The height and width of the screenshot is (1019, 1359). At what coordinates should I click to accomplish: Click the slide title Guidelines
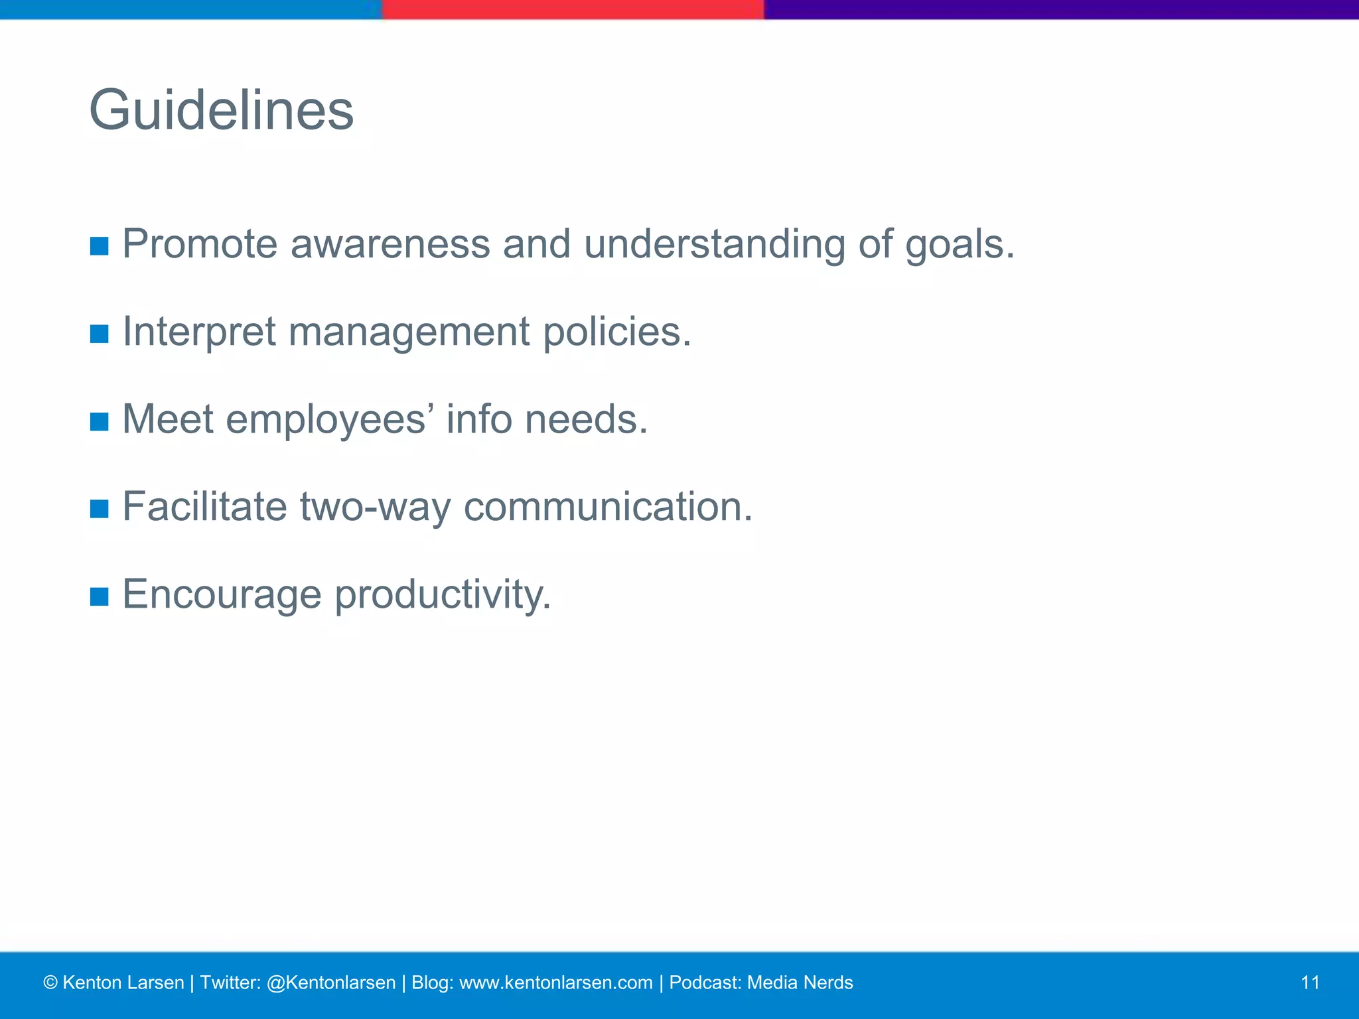(x=221, y=110)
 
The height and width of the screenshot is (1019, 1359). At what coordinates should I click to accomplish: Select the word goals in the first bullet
(x=960, y=245)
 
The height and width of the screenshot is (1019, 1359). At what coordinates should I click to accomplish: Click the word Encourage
(x=222, y=595)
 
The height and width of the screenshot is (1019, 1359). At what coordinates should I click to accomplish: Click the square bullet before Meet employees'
(x=99, y=421)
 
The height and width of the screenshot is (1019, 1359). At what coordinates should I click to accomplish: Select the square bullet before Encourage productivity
(x=99, y=596)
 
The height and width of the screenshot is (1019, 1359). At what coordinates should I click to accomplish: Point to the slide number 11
(x=1310, y=983)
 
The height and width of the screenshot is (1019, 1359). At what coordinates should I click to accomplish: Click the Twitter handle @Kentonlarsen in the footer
(x=330, y=983)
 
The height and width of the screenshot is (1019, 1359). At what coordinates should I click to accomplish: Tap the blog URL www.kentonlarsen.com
(x=555, y=983)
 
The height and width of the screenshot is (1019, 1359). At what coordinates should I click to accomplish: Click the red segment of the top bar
(x=573, y=9)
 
